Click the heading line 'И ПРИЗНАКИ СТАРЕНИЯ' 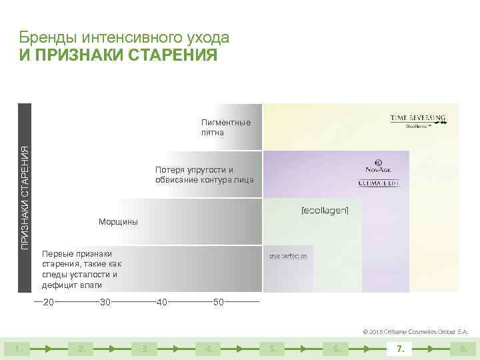[x=118, y=55]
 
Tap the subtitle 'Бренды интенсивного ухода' [x=124, y=37]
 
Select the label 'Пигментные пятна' [x=226, y=127]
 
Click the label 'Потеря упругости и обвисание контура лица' [x=204, y=175]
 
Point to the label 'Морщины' [x=118, y=222]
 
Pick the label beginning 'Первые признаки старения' [x=80, y=269]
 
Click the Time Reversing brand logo [x=418, y=120]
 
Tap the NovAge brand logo [x=378, y=167]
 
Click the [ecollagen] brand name [x=325, y=211]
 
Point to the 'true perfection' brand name [x=288, y=256]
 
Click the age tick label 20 [x=48, y=303]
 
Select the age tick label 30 [x=105, y=303]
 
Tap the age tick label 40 [x=161, y=303]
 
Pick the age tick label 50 [x=219, y=303]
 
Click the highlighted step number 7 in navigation [x=399, y=348]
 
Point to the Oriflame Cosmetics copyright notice [x=415, y=331]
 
